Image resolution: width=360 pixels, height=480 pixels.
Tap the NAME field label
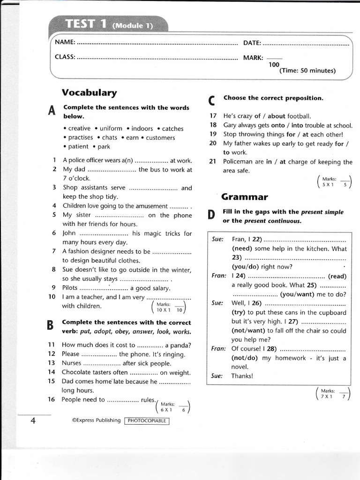(65, 43)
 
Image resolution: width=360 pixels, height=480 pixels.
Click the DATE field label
(252, 43)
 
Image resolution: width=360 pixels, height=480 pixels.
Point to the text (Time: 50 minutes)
(307, 71)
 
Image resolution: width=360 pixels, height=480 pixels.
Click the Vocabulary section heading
(90, 93)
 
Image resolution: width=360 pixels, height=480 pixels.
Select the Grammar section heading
(245, 197)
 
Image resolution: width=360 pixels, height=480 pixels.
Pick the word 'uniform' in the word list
(111, 128)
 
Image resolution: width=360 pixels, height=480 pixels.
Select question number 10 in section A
(52, 297)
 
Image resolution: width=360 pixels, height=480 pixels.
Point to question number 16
(52, 399)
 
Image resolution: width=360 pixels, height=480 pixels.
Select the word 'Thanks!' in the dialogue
(242, 375)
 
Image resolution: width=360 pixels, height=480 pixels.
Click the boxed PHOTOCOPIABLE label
(147, 420)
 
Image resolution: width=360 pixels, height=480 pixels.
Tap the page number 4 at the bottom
(33, 420)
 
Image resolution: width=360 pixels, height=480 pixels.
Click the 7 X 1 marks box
(334, 394)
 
